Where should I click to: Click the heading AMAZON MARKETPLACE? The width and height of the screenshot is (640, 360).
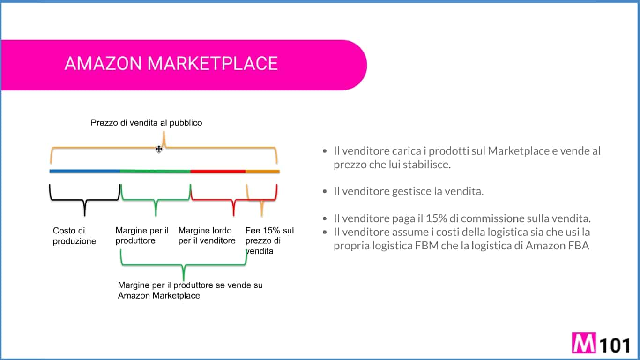point(171,63)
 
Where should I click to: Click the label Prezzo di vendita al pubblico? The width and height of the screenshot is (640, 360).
point(146,123)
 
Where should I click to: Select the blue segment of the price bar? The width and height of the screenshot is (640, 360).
point(84,171)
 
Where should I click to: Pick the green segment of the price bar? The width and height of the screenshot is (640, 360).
point(155,171)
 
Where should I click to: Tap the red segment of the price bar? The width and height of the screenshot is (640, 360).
point(218,171)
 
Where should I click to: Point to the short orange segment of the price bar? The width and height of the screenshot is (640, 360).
point(262,171)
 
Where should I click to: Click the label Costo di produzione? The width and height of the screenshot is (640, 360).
point(74,236)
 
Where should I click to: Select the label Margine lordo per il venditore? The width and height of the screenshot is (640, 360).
point(207,236)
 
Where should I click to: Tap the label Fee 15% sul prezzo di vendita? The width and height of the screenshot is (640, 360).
point(269,240)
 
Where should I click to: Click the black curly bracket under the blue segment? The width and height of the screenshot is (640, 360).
point(84,201)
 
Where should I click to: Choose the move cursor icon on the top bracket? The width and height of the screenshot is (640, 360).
point(159,149)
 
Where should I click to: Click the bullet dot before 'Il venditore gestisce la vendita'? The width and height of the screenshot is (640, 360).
point(325,192)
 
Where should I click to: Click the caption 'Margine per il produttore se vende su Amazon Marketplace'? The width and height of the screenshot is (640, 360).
point(190,290)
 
